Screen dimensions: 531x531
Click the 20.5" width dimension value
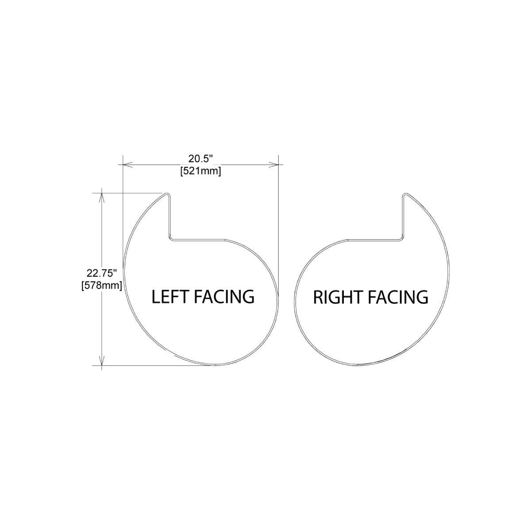coord(200,159)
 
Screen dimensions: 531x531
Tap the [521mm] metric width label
coord(200,172)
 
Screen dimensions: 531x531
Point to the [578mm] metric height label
coord(102,285)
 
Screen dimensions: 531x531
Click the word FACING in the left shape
coord(224,296)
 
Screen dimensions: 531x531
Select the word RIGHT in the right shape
coord(338,297)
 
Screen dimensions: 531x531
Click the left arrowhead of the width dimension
coord(127,165)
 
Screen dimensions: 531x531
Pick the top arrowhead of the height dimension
coord(102,198)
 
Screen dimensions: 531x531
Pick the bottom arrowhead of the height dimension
coord(102,361)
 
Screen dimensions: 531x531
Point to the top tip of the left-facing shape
coord(167,193)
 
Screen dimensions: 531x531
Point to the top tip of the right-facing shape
coord(405,193)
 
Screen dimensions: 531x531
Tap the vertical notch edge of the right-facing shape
coord(403,216)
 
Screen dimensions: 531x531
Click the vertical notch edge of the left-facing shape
coord(170,216)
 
